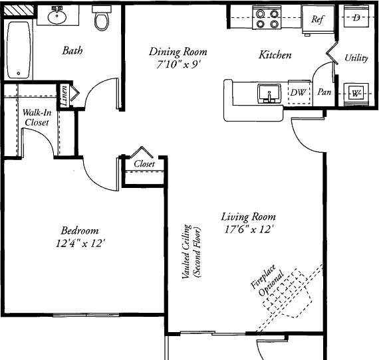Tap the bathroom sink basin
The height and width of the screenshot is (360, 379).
coord(57,17)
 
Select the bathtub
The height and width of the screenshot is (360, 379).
coord(19,50)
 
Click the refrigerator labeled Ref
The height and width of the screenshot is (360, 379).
coord(318,19)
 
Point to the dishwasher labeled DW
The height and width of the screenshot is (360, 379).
coord(299,92)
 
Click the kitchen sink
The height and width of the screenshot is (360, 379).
coord(269,93)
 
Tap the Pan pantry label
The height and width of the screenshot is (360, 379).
coord(324,92)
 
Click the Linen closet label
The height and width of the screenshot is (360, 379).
coord(64,96)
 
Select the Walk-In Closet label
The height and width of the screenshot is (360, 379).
coord(37,118)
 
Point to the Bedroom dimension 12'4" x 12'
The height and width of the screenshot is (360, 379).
coord(80,243)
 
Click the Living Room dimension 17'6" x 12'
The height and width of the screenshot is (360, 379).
coord(249,229)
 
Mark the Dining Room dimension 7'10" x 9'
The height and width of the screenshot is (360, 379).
coord(178,64)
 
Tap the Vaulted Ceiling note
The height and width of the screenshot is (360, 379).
coord(191,251)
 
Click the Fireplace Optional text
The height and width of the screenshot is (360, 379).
coord(267,280)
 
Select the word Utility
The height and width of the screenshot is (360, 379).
coord(356,58)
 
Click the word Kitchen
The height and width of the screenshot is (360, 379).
coord(275,55)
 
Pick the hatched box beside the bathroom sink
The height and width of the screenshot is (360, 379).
coord(19,11)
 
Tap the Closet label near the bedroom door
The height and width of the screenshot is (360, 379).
coord(144,164)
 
